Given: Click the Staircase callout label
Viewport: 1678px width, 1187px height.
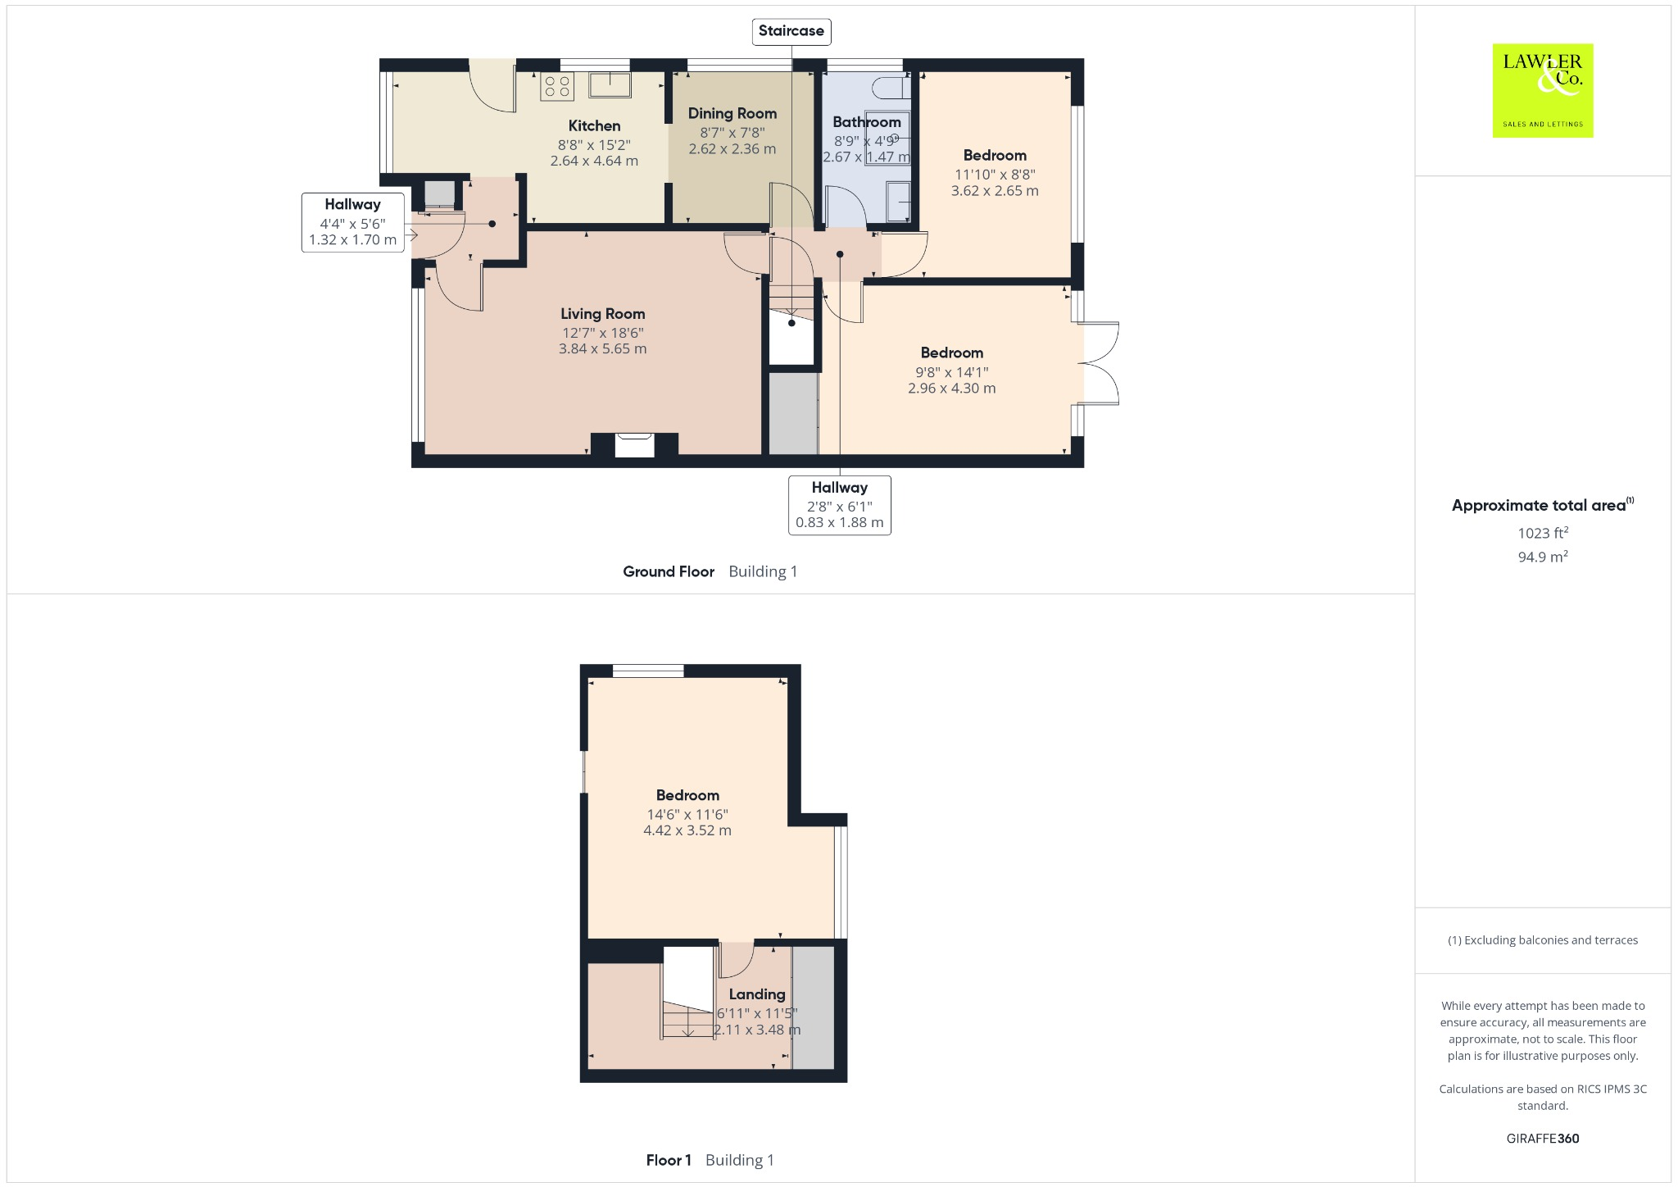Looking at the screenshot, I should pyautogui.click(x=791, y=31).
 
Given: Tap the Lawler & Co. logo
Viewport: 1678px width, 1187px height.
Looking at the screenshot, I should pyautogui.click(x=1542, y=90).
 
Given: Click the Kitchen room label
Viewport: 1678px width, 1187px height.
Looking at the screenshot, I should pyautogui.click(x=594, y=125).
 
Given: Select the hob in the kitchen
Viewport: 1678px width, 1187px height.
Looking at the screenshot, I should pyautogui.click(x=557, y=86).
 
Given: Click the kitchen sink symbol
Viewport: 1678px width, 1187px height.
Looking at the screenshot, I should pyautogui.click(x=609, y=84).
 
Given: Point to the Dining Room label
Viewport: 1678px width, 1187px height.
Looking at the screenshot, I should pyautogui.click(x=732, y=113).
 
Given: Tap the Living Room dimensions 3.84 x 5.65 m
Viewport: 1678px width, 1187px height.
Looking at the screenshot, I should pyautogui.click(x=602, y=348).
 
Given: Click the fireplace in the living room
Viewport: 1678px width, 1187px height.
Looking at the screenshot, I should pyautogui.click(x=634, y=444).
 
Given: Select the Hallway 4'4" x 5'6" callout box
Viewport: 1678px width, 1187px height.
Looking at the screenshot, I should pyautogui.click(x=352, y=222).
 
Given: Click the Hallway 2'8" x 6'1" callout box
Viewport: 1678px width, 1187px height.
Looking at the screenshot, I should pyautogui.click(x=839, y=505).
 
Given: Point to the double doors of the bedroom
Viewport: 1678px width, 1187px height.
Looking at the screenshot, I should pyautogui.click(x=1100, y=363).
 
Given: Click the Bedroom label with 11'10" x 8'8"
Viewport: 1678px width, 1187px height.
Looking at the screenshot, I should pyautogui.click(x=994, y=155).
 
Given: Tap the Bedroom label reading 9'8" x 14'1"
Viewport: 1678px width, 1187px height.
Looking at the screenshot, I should pyautogui.click(x=951, y=352).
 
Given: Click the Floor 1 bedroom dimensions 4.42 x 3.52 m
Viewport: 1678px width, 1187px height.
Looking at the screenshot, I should pyautogui.click(x=687, y=830).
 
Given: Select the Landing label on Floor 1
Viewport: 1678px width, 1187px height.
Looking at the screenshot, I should pyautogui.click(x=756, y=994).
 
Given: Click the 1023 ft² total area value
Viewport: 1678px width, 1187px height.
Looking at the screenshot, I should pyautogui.click(x=1542, y=533).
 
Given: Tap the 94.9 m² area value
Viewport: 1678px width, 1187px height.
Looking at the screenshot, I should pyautogui.click(x=1542, y=557).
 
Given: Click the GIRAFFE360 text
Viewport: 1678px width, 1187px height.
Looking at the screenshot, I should pyautogui.click(x=1542, y=1138).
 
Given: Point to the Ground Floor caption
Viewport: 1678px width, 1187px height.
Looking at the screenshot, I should pyautogui.click(x=668, y=571).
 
